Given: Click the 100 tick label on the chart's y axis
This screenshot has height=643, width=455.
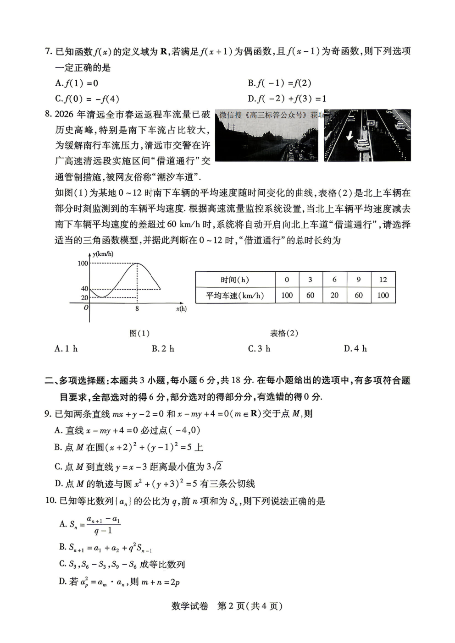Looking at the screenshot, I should (x=83, y=263).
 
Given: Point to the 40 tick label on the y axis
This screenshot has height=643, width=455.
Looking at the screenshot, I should (x=84, y=289).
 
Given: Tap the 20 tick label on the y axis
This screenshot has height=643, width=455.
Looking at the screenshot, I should (x=84, y=298).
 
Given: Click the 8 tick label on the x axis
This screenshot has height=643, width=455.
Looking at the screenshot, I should (x=137, y=309).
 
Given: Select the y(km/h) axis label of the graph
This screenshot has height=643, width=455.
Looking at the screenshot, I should (x=103, y=254).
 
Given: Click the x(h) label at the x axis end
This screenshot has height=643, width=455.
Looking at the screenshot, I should (x=181, y=309).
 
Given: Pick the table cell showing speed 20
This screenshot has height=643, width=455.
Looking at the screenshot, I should (x=334, y=296).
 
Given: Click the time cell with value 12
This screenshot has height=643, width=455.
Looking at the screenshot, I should (x=383, y=280).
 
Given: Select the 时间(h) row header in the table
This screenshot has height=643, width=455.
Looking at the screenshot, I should (x=235, y=280).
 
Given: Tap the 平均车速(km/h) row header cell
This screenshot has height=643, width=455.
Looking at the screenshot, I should (x=235, y=296).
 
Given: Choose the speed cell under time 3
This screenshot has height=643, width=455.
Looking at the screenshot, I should (x=310, y=296).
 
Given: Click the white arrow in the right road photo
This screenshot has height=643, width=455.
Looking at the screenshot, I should (x=350, y=136).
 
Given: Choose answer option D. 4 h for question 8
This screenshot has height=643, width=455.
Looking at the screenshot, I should (x=355, y=349).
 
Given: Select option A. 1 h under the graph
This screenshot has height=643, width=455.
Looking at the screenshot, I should (x=66, y=349).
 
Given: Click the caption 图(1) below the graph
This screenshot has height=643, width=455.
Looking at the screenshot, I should (x=139, y=333).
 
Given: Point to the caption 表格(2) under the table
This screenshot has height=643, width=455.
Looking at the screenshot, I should (x=284, y=333).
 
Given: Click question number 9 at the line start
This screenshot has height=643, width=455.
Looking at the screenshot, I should (x=47, y=414).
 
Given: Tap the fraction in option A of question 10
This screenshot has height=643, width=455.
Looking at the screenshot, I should (x=104, y=525).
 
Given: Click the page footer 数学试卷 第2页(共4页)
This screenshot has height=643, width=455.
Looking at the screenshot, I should (x=227, y=606).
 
